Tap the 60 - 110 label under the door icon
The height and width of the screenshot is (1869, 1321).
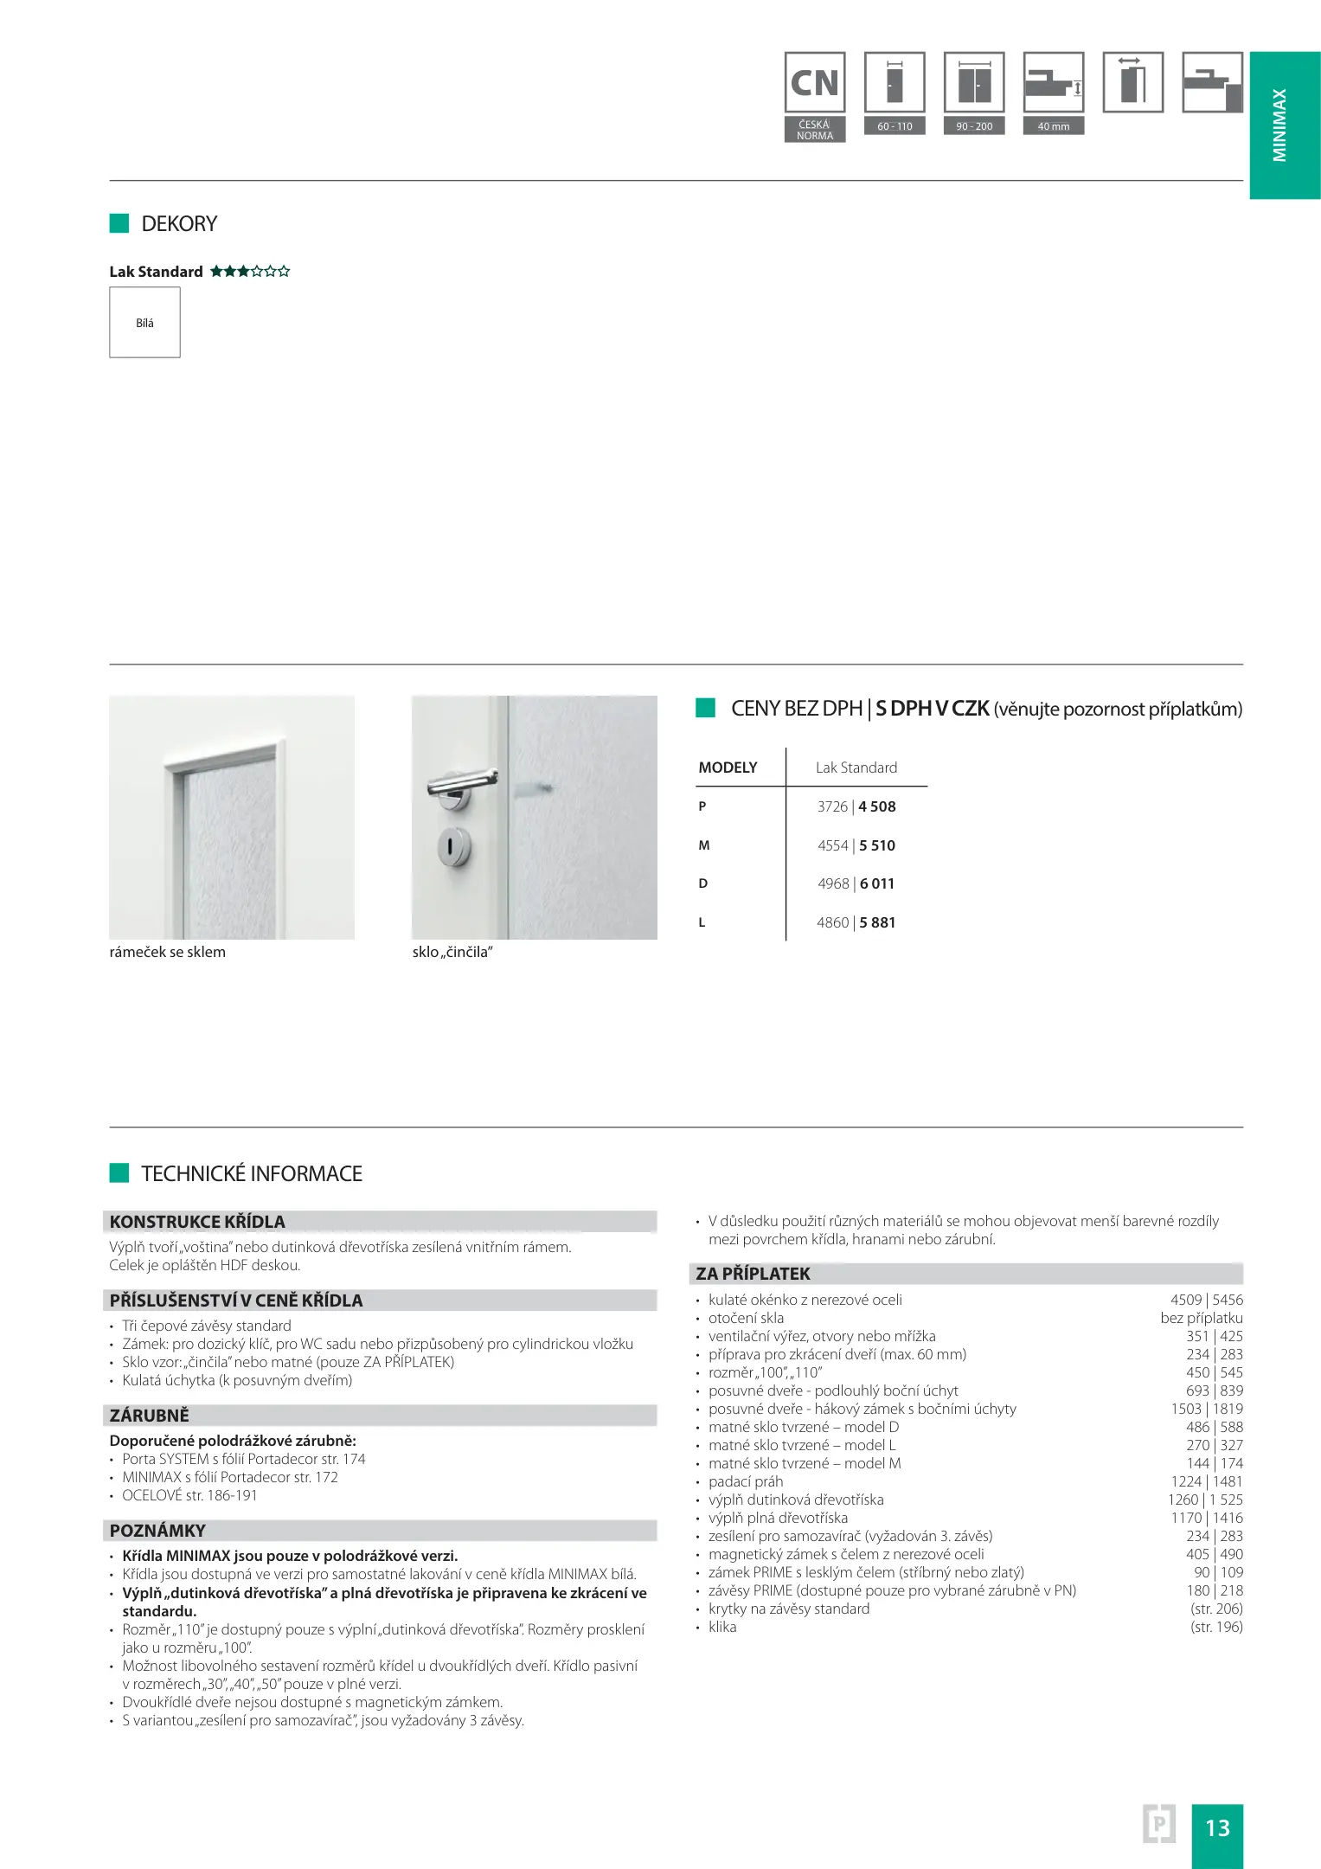895,126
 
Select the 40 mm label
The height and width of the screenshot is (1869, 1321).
1053,126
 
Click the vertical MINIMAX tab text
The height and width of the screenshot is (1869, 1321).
1279,125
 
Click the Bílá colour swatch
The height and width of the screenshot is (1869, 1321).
144,323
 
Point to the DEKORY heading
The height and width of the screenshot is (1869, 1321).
179,224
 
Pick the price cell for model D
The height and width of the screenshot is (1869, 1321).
856,883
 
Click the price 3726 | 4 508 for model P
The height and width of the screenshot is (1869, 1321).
856,806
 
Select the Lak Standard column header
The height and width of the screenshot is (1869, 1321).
856,768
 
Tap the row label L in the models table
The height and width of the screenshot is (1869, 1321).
702,922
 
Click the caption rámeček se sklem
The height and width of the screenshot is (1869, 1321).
167,952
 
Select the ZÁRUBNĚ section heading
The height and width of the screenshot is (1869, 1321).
149,1416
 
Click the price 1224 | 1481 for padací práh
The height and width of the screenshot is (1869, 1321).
1206,1481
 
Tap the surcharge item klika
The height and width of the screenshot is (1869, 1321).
722,1627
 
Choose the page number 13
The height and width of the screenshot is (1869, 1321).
1216,1827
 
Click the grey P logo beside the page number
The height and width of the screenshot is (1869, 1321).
1158,1824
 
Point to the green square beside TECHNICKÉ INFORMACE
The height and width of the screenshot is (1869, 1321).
119,1173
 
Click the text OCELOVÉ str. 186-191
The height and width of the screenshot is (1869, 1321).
189,1495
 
